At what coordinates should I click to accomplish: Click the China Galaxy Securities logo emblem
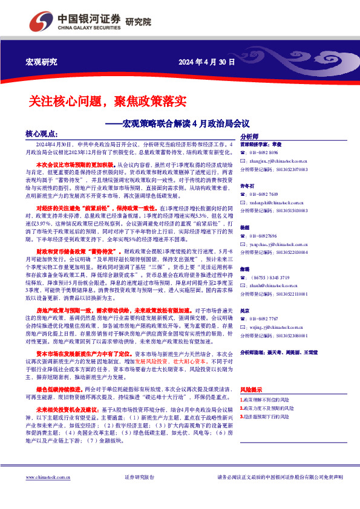(44, 22)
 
